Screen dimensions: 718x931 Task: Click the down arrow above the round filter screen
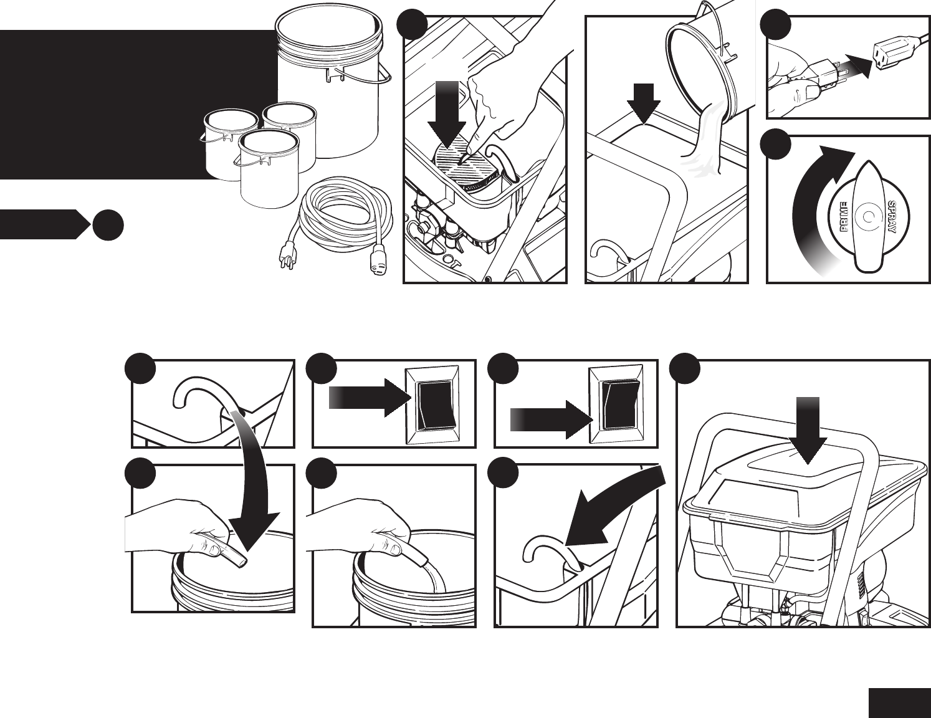(x=447, y=112)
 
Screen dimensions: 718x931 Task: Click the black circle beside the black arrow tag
(x=107, y=225)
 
